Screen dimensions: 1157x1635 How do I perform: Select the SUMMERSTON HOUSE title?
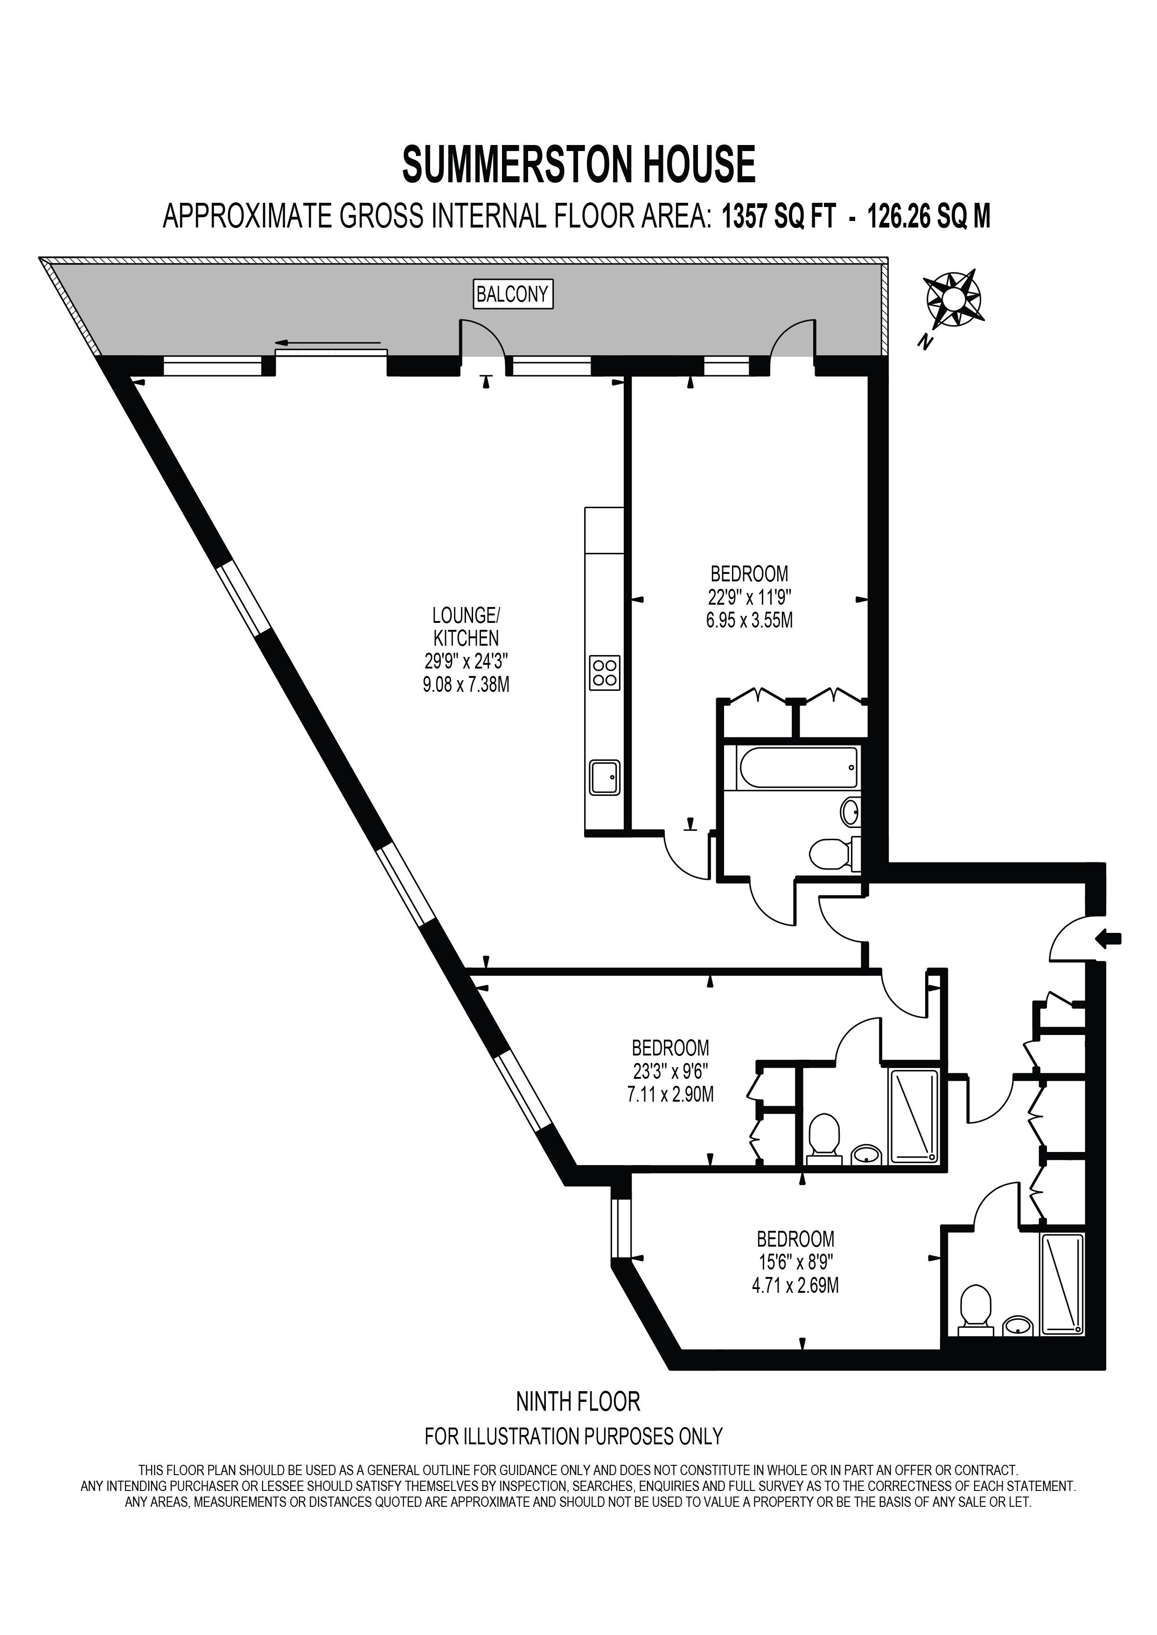click(x=578, y=165)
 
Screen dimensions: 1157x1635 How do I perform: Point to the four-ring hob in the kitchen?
click(x=604, y=673)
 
